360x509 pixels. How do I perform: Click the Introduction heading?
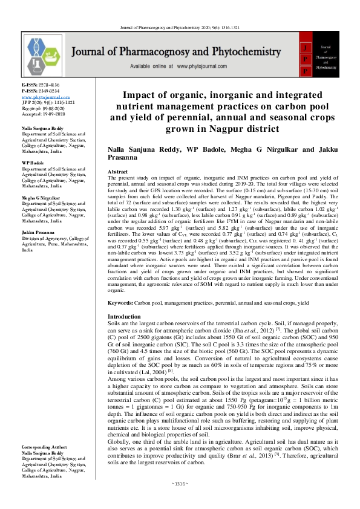124,317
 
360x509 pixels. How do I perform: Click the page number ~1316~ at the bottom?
180,501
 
